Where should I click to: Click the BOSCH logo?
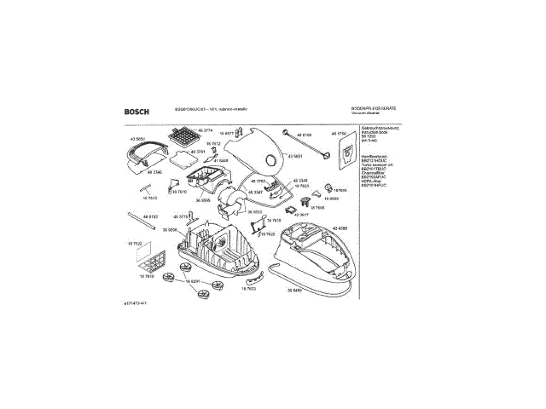coord(138,110)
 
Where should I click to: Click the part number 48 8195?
coord(303,135)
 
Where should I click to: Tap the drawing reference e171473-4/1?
coord(136,303)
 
